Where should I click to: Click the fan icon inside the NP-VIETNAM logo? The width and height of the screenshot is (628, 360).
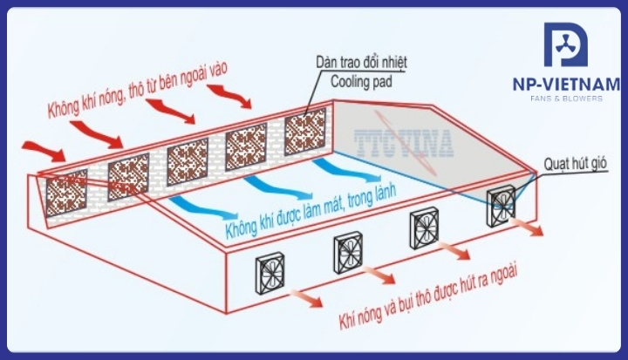(565, 44)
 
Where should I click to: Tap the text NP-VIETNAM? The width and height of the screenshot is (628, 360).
(566, 84)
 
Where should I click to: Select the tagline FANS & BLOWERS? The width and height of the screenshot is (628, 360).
(566, 98)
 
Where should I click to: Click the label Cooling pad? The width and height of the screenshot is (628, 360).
(361, 82)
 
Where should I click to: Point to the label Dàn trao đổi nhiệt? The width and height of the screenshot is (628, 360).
(361, 62)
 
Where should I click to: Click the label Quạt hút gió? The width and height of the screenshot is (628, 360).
(575, 163)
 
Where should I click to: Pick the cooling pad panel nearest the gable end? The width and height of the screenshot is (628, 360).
(305, 132)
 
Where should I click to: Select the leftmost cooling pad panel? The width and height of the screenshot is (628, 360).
(66, 193)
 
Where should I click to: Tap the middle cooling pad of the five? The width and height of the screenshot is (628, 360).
(188, 162)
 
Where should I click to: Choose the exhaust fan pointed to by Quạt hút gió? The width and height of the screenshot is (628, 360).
(502, 206)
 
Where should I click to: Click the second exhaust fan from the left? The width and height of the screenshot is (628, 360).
(348, 253)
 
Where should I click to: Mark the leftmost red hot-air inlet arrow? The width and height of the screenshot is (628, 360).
(44, 151)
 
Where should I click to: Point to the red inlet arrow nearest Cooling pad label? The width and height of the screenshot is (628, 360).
(229, 96)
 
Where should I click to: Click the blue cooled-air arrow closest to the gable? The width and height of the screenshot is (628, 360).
(347, 170)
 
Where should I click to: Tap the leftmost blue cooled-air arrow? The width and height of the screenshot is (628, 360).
(203, 207)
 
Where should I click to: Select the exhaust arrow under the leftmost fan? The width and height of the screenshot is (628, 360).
(305, 298)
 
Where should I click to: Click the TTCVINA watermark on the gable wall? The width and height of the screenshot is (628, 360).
(404, 143)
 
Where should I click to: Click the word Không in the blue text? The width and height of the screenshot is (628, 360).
(242, 228)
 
